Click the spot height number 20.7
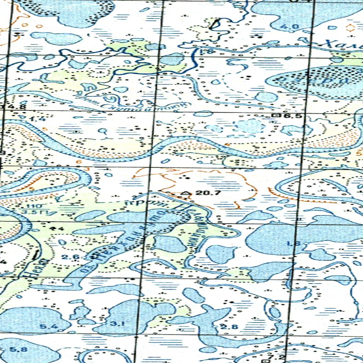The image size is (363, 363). click(x=208, y=193)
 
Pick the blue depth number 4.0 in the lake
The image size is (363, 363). click(x=294, y=26)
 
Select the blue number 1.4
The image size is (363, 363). click(x=38, y=119)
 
